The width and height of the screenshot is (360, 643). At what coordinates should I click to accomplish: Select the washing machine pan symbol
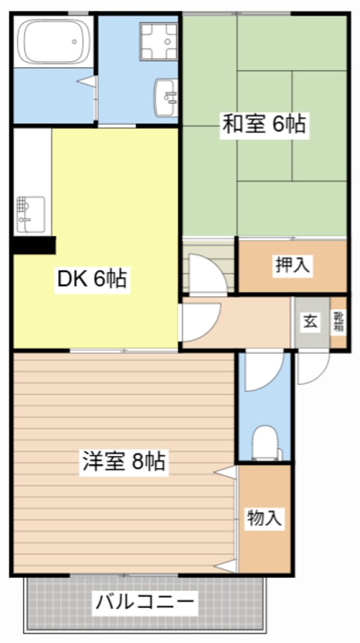[159, 42]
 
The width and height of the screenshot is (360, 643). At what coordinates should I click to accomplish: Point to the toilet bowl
[264, 443]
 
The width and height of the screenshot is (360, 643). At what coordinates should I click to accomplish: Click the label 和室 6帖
[264, 125]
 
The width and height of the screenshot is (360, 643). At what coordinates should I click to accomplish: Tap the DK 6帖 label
[92, 279]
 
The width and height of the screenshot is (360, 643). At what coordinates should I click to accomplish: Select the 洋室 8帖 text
[123, 462]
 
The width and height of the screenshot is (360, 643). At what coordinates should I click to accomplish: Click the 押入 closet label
[293, 266]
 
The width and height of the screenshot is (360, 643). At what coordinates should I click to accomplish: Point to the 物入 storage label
[265, 518]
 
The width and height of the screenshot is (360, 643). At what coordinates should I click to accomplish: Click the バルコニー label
[145, 602]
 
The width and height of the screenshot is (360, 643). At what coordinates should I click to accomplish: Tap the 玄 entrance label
[310, 321]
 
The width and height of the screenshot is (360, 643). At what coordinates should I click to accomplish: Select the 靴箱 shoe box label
[339, 322]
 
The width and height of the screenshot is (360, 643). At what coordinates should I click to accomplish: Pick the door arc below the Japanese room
[208, 275]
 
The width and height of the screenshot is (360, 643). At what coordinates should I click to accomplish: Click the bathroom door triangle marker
[89, 81]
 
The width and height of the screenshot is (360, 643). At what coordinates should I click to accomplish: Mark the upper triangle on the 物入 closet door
[226, 473]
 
